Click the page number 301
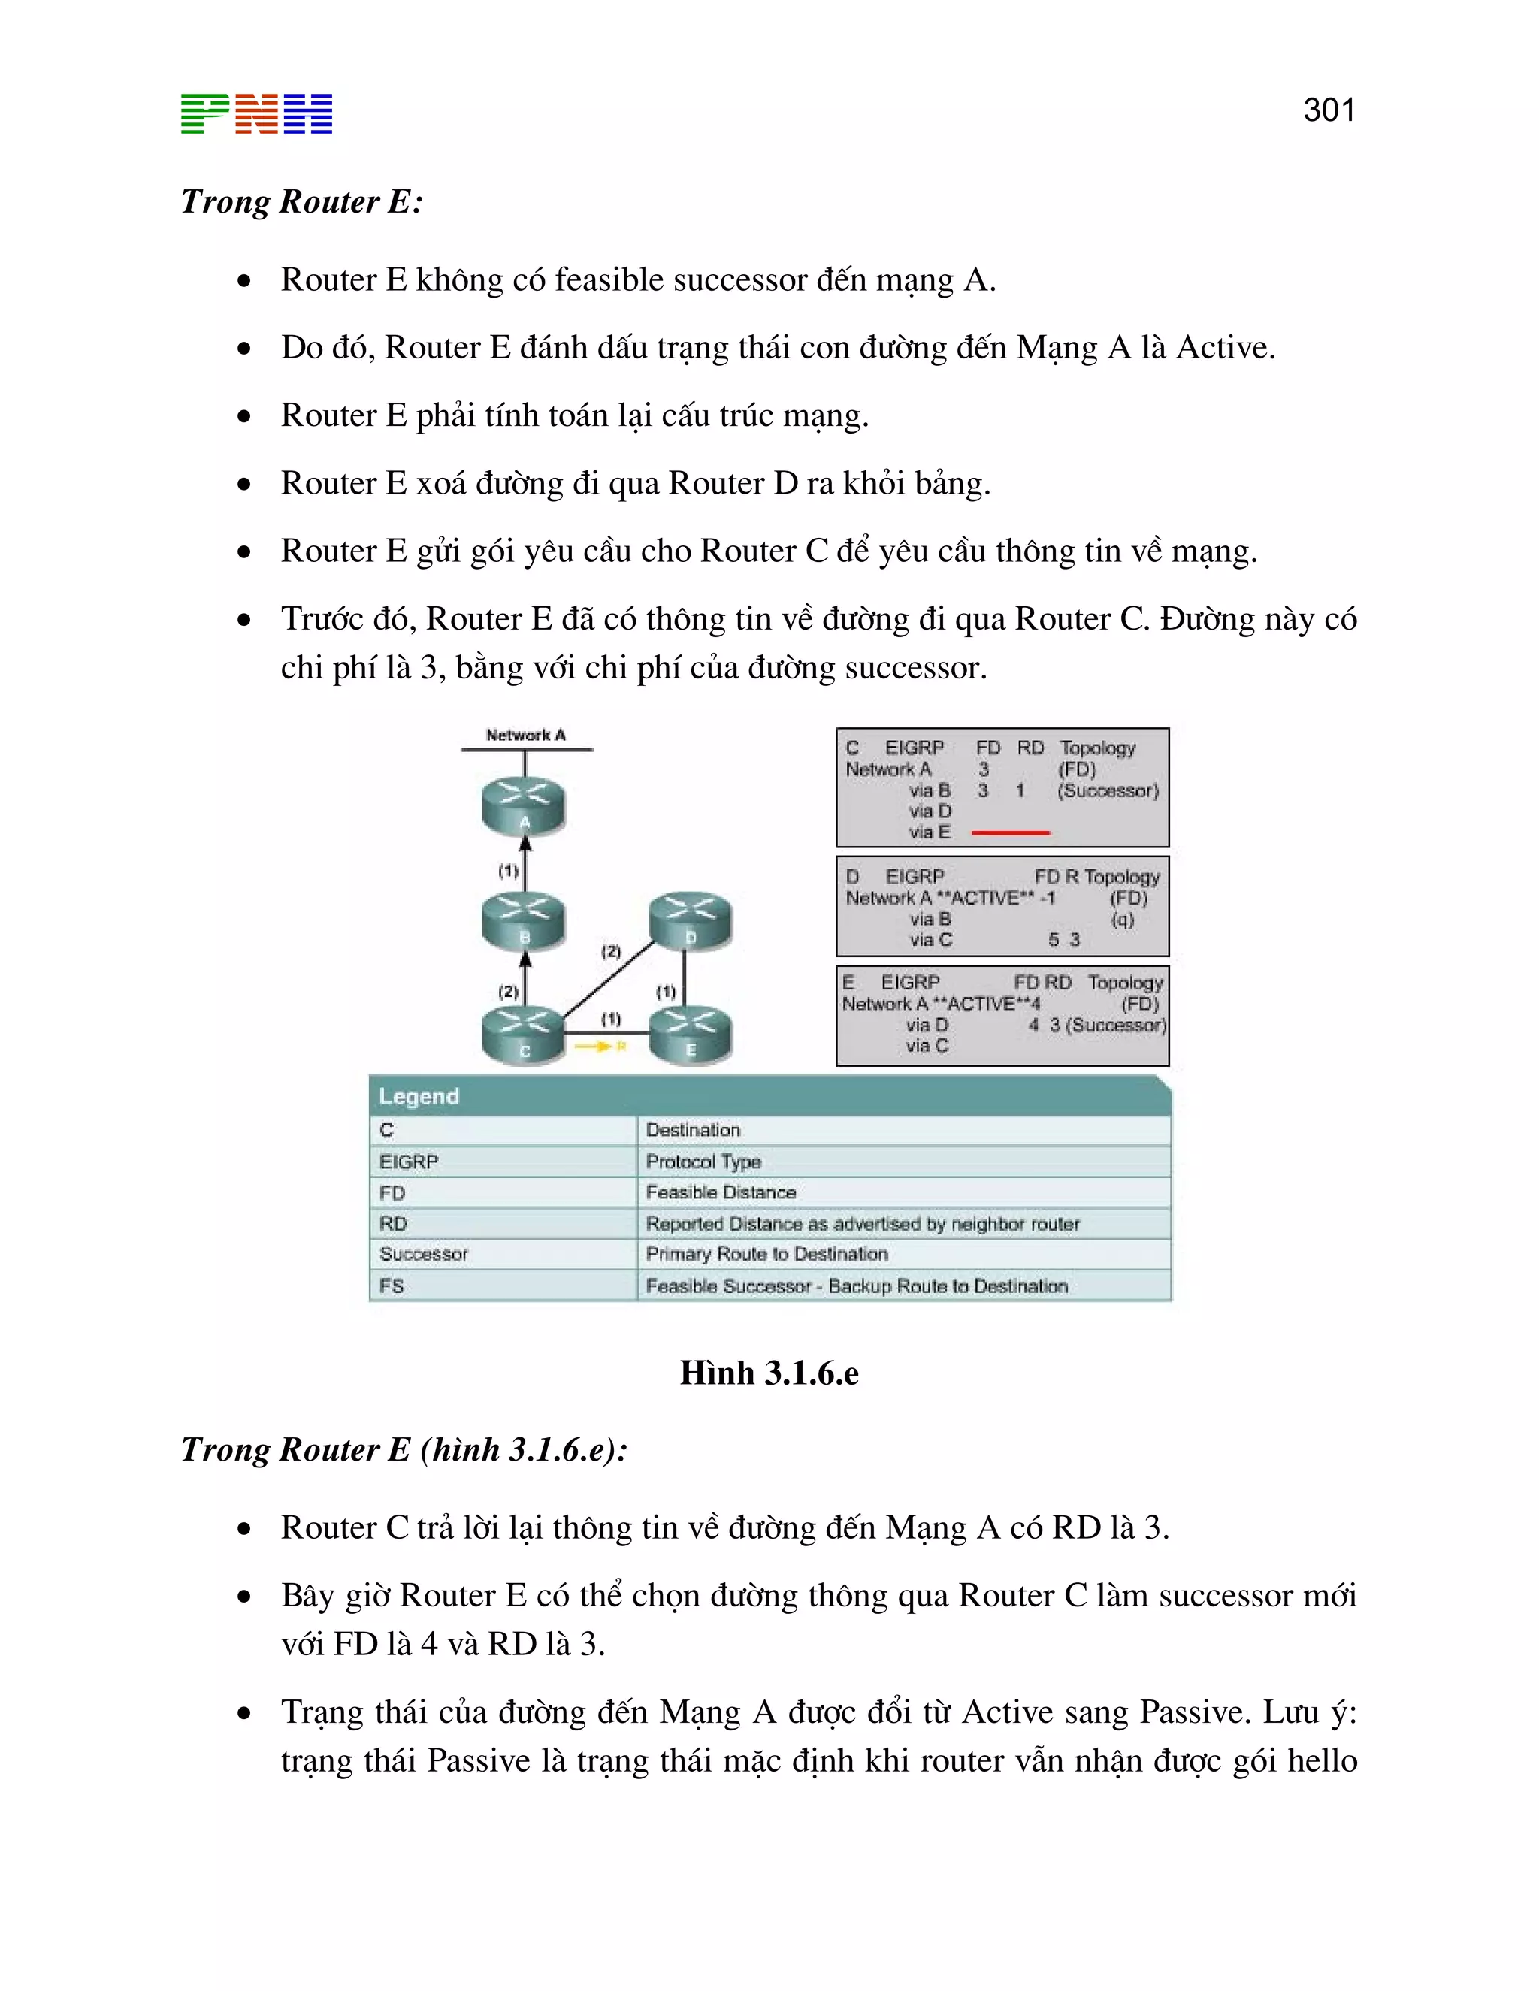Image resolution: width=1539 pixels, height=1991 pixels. (1329, 110)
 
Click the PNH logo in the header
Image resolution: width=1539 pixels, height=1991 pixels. (256, 114)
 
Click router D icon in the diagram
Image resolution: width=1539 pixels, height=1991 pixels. (690, 921)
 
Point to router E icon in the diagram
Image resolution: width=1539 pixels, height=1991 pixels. (690, 1035)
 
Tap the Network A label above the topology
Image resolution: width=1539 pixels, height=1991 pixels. (525, 735)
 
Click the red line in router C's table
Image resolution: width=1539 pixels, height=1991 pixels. (1010, 832)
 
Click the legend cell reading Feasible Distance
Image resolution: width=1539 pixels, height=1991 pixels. (720, 1192)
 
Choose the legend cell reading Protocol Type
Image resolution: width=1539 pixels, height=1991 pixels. (703, 1162)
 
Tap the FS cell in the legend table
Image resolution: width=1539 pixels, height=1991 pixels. (392, 1286)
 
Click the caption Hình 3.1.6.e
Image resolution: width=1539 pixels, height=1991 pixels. (769, 1373)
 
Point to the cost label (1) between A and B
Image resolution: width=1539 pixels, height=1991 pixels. (508, 871)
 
